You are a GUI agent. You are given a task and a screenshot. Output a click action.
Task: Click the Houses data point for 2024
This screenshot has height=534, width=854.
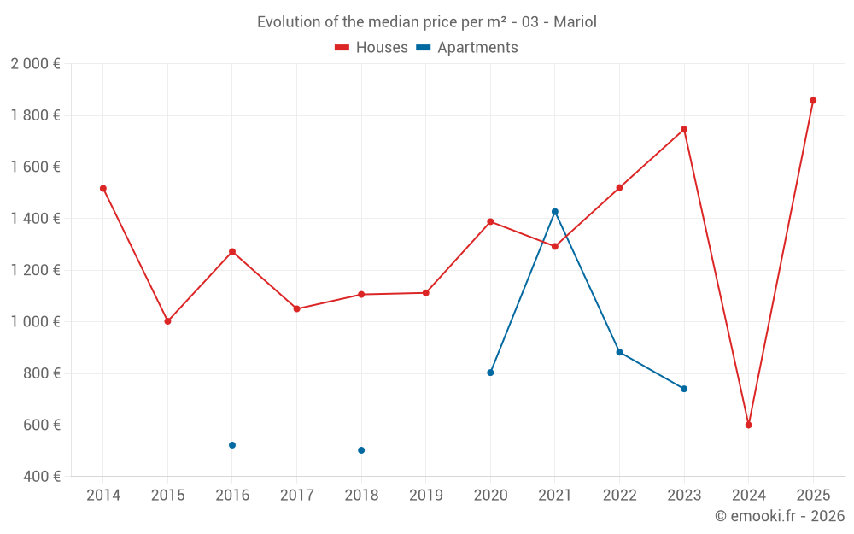[x=748, y=425]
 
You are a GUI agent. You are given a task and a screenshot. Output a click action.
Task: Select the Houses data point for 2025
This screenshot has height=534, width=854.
[x=813, y=101]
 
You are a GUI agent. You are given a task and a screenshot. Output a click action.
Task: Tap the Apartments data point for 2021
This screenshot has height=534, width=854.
[x=555, y=212]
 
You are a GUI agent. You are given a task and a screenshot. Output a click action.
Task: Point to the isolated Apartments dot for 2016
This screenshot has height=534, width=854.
[x=232, y=445]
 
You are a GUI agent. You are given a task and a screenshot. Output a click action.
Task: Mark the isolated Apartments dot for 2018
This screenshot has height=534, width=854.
[x=361, y=450]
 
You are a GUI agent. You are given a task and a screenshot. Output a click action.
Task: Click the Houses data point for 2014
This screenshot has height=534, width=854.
[x=103, y=188]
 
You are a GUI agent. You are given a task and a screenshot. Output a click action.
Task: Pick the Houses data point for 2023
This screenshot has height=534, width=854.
[x=684, y=130]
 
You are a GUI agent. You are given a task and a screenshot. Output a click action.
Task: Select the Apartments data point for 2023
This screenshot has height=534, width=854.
[x=684, y=389]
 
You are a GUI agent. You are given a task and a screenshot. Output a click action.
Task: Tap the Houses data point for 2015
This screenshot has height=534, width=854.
[x=167, y=321]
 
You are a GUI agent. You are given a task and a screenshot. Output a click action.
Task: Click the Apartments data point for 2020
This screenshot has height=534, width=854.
[x=490, y=373]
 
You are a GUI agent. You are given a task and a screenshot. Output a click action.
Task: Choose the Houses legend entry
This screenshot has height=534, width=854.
[x=371, y=48]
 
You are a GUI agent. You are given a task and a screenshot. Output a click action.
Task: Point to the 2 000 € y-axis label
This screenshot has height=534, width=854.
[x=35, y=64]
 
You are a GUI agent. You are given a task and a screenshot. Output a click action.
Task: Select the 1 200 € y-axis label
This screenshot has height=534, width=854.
[x=35, y=270]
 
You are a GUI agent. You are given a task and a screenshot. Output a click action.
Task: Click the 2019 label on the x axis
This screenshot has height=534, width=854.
[x=426, y=496]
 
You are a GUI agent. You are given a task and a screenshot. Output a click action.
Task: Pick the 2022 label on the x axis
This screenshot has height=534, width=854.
[x=619, y=496]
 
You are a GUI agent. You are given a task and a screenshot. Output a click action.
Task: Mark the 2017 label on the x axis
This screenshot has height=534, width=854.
[x=296, y=496]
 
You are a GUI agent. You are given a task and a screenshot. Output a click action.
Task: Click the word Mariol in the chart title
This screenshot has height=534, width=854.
[x=575, y=22]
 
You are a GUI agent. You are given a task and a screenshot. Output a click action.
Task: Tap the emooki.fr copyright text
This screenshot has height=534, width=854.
[x=780, y=516]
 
